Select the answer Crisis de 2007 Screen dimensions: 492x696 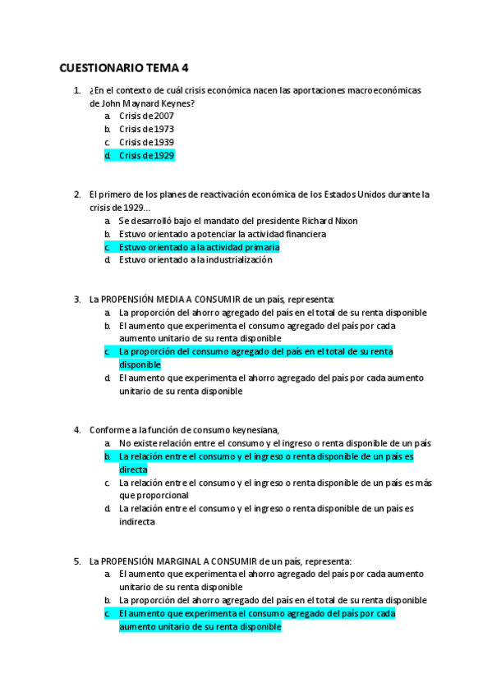point(146,117)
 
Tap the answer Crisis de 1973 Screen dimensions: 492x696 point(146,130)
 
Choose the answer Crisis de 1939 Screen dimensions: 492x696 point(146,143)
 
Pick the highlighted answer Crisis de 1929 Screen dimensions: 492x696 point(146,156)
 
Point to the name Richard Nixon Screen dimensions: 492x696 point(329,221)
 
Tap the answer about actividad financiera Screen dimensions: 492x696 point(222,234)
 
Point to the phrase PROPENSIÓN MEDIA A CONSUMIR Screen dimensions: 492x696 point(168,300)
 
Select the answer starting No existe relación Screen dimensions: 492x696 point(274,443)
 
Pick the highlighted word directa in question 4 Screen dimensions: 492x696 point(133,469)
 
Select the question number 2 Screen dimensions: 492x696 point(76,195)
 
